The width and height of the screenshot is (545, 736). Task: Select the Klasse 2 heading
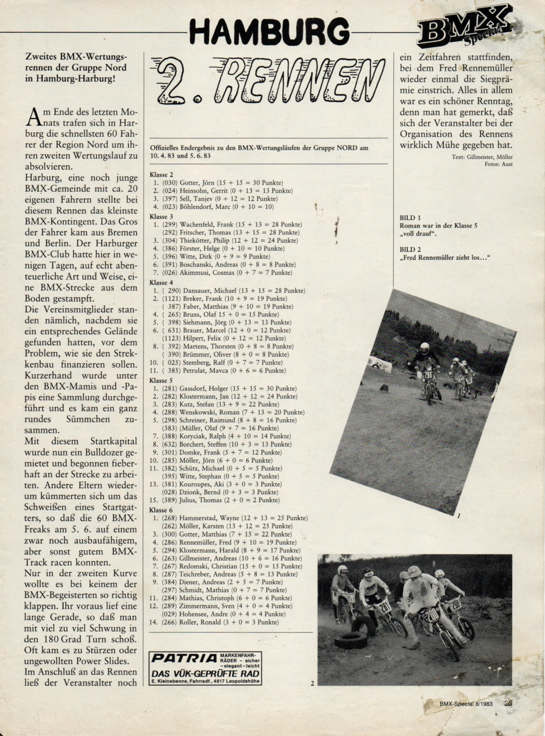tap(161, 175)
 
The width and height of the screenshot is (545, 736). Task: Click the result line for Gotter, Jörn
tap(218, 183)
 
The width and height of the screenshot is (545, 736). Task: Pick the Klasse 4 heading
tap(161, 282)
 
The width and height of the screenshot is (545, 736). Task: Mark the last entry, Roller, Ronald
tap(215, 622)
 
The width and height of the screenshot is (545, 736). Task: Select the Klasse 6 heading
tap(161, 510)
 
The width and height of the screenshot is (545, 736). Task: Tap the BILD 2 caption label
tap(410, 249)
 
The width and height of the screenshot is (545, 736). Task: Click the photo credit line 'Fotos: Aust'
tap(498, 164)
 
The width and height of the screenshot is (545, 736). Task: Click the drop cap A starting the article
tap(31, 117)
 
